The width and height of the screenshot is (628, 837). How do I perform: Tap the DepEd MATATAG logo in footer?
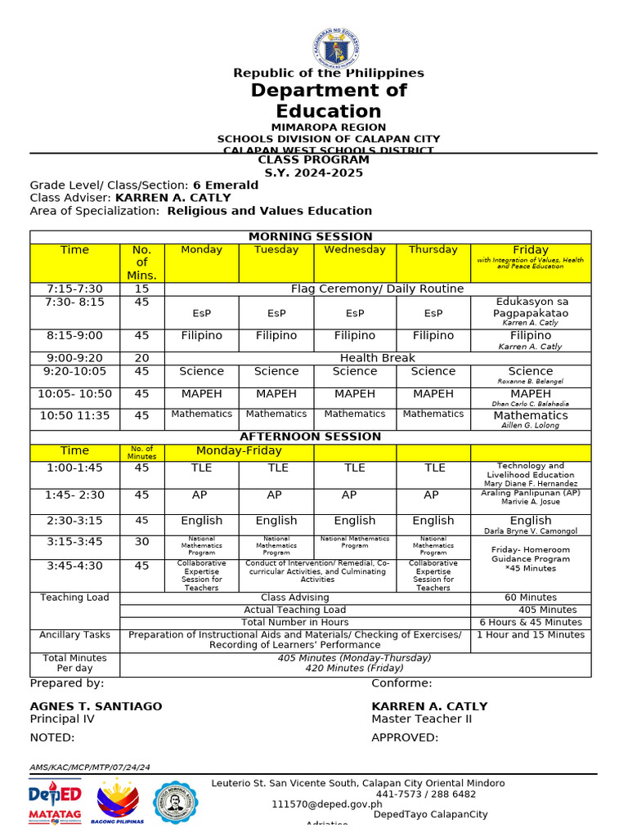point(55,801)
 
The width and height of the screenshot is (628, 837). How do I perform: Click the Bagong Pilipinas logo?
point(118,802)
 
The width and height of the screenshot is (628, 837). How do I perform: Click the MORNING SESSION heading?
point(310,237)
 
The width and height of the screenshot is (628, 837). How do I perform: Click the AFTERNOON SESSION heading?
point(310,436)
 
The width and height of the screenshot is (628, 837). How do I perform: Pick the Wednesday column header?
point(355,250)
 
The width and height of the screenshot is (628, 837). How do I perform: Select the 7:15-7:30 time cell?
point(74,289)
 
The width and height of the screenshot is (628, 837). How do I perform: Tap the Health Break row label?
point(377,358)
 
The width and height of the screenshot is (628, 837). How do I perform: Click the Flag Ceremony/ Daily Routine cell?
point(377,289)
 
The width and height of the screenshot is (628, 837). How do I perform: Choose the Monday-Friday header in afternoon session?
point(239,450)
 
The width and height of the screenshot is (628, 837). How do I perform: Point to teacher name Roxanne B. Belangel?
point(531,382)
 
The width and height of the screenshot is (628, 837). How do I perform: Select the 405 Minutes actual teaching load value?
point(547,610)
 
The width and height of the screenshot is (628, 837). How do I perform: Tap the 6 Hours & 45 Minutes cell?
point(531,622)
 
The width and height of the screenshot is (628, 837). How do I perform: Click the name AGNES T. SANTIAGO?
point(96,706)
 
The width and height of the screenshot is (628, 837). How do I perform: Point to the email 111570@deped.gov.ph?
point(327,804)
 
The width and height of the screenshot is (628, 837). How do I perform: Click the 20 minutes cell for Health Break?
point(141,358)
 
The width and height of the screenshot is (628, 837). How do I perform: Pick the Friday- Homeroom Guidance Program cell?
point(531,559)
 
